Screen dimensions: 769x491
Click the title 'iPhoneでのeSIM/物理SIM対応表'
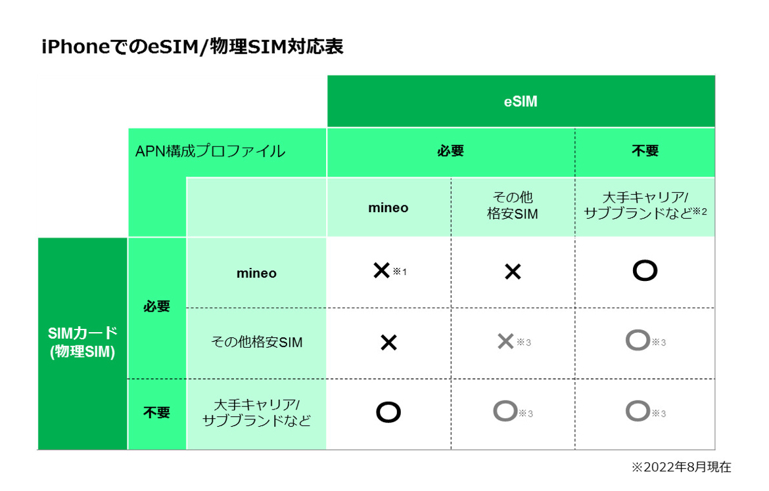[x=192, y=47]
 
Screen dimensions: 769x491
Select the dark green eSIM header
[x=521, y=102]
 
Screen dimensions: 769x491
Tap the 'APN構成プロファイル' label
[x=210, y=151]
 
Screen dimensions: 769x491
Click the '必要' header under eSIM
[x=450, y=151]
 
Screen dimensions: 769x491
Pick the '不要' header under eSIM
[x=645, y=151]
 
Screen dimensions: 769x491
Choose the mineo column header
[x=388, y=208]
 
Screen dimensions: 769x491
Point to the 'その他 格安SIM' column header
[x=513, y=205]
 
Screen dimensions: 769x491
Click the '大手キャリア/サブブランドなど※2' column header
[x=645, y=205]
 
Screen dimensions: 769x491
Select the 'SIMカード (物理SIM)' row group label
[x=82, y=343]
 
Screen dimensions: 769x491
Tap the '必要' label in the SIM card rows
[x=156, y=307]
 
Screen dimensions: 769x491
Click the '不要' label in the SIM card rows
[x=156, y=413]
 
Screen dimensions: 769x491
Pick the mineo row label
[x=256, y=273]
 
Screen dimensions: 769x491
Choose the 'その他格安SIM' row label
[x=256, y=342]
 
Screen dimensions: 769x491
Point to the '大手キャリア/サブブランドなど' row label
[x=256, y=413]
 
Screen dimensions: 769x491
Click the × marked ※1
[x=382, y=270]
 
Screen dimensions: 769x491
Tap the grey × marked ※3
[x=505, y=341]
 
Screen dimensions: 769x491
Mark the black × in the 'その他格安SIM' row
[x=388, y=342]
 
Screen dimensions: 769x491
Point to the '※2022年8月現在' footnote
[x=681, y=467]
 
